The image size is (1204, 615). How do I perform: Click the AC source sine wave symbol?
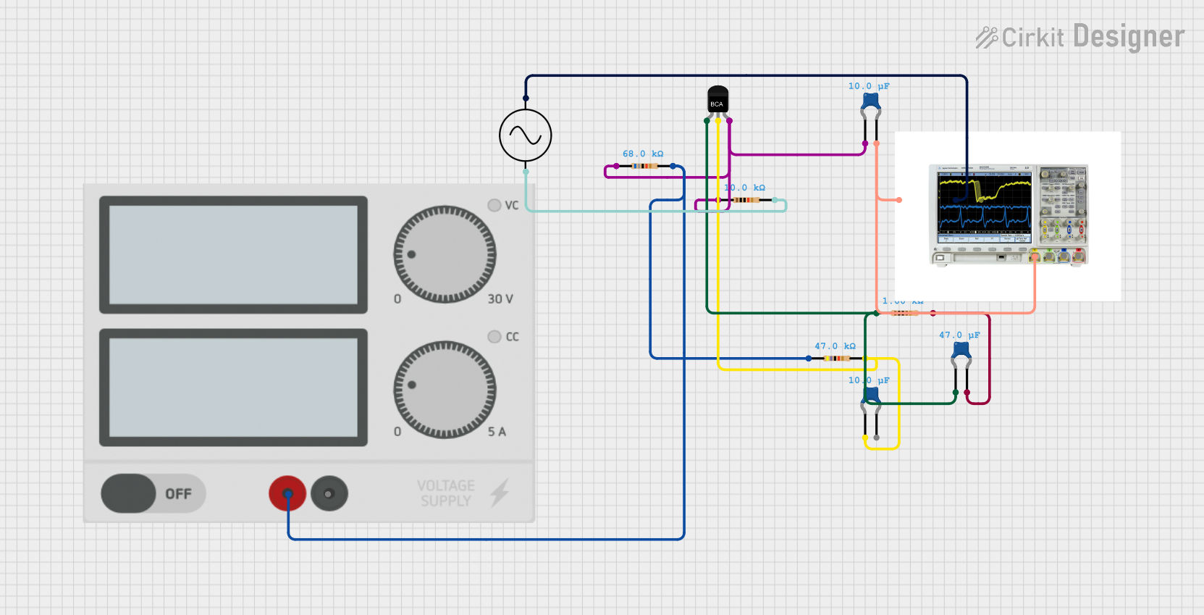tap(526, 135)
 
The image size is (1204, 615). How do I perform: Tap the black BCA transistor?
tap(717, 100)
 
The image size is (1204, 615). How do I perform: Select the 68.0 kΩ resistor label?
tap(643, 154)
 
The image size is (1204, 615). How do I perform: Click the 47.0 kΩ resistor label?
tap(835, 346)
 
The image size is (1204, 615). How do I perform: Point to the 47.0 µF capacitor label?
tap(959, 335)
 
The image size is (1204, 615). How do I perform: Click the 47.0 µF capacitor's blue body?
tap(961, 349)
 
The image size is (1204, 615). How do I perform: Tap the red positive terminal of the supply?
tap(287, 494)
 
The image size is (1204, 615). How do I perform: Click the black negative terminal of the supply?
tap(329, 494)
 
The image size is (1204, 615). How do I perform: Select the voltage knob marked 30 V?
tap(445, 254)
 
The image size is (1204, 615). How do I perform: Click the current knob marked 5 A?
tap(445, 389)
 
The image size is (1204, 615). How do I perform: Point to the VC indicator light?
tap(494, 205)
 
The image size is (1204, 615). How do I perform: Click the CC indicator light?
tap(494, 337)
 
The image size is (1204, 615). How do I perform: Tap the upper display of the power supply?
tap(233, 254)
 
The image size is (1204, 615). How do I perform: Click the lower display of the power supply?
tap(233, 388)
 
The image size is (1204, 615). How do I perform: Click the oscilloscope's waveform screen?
tap(985, 203)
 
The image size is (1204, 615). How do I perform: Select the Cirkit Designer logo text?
tap(1080, 37)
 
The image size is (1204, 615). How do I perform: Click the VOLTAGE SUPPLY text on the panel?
tap(446, 493)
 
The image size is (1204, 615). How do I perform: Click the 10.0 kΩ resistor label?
tap(744, 188)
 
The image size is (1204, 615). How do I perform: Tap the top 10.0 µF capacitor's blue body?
tap(871, 100)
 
